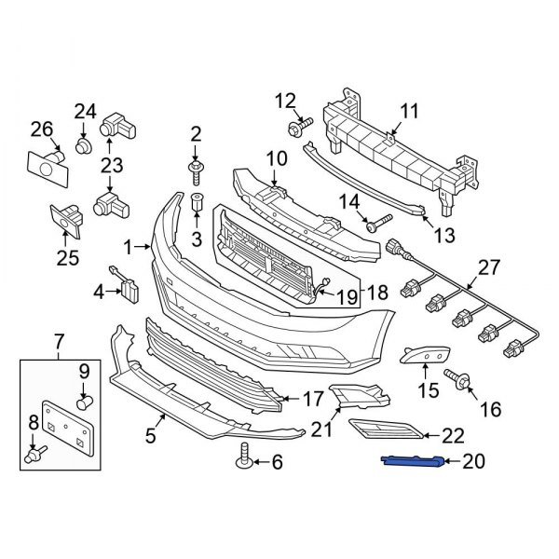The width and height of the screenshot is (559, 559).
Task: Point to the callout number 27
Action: click(489, 268)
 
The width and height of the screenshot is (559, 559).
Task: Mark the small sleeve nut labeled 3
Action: click(197, 203)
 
